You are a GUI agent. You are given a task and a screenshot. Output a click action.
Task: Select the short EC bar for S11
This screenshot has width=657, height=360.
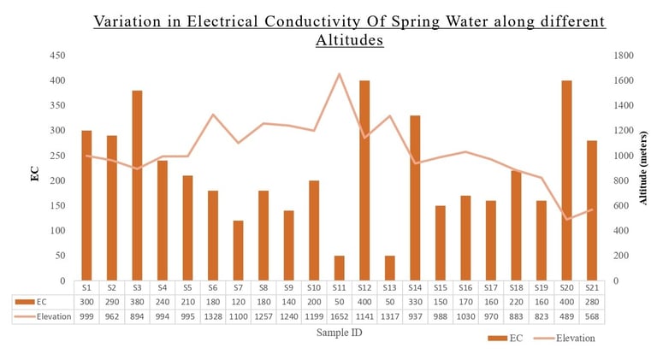point(339,268)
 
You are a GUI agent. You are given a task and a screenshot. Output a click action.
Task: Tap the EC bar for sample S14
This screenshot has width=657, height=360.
point(415,198)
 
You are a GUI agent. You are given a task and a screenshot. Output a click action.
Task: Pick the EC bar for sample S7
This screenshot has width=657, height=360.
point(238,251)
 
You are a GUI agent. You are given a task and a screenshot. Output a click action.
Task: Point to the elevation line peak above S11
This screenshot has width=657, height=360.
point(339,74)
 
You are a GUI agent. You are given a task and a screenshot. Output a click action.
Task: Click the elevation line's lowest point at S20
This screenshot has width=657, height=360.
point(565,219)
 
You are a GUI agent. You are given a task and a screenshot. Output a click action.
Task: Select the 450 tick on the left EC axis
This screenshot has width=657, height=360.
point(58,56)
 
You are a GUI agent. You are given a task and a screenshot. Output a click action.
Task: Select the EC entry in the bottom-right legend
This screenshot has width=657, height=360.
point(506,338)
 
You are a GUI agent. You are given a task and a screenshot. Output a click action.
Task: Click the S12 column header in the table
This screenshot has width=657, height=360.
point(364,288)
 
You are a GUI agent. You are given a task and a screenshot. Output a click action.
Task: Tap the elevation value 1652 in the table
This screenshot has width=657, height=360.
point(339,316)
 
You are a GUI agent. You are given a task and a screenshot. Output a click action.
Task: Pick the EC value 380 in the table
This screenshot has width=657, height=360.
point(137,302)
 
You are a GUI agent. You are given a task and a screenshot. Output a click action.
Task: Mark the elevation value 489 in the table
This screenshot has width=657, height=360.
point(565,316)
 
